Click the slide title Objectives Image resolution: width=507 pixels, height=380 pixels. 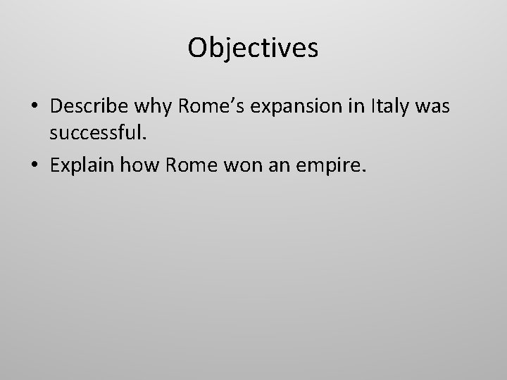click(x=254, y=49)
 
